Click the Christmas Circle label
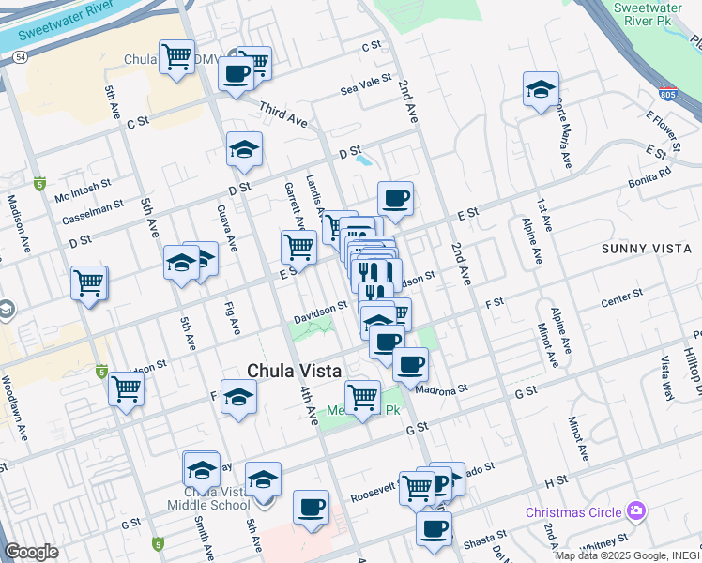tap(572, 512)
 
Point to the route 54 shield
tap(20, 58)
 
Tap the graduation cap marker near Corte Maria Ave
tap(541, 90)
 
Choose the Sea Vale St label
tap(366, 84)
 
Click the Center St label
tap(621, 294)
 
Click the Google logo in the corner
tap(31, 552)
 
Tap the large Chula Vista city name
tap(293, 371)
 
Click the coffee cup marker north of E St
tap(395, 199)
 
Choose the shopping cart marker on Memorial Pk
tap(362, 397)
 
